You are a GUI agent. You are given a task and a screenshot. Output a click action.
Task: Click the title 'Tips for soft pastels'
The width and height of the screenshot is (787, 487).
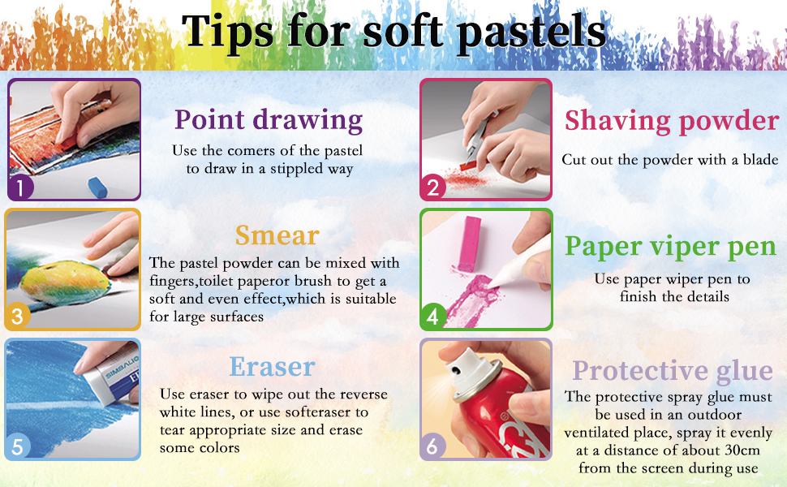(394, 31)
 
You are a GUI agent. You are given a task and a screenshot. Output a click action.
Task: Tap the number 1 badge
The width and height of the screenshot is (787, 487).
(20, 187)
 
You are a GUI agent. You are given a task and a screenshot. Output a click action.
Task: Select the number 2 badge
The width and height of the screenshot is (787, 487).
(433, 187)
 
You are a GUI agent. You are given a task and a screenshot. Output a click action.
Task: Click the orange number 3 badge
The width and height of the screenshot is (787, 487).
(18, 317)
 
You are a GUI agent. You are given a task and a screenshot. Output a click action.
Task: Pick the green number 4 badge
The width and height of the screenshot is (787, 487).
(433, 317)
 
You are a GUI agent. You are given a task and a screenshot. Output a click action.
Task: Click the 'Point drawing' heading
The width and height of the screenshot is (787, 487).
(269, 121)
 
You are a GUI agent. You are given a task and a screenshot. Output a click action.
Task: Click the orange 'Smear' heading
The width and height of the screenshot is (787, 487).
(277, 235)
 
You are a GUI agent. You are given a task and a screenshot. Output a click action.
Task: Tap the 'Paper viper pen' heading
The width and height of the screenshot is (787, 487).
(670, 247)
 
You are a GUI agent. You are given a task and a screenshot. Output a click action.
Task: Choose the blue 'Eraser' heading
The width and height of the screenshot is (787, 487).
(272, 367)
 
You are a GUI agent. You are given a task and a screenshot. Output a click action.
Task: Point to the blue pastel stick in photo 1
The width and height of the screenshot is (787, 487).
(98, 187)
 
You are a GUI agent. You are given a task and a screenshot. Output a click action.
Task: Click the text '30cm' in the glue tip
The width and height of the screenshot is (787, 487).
(743, 450)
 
